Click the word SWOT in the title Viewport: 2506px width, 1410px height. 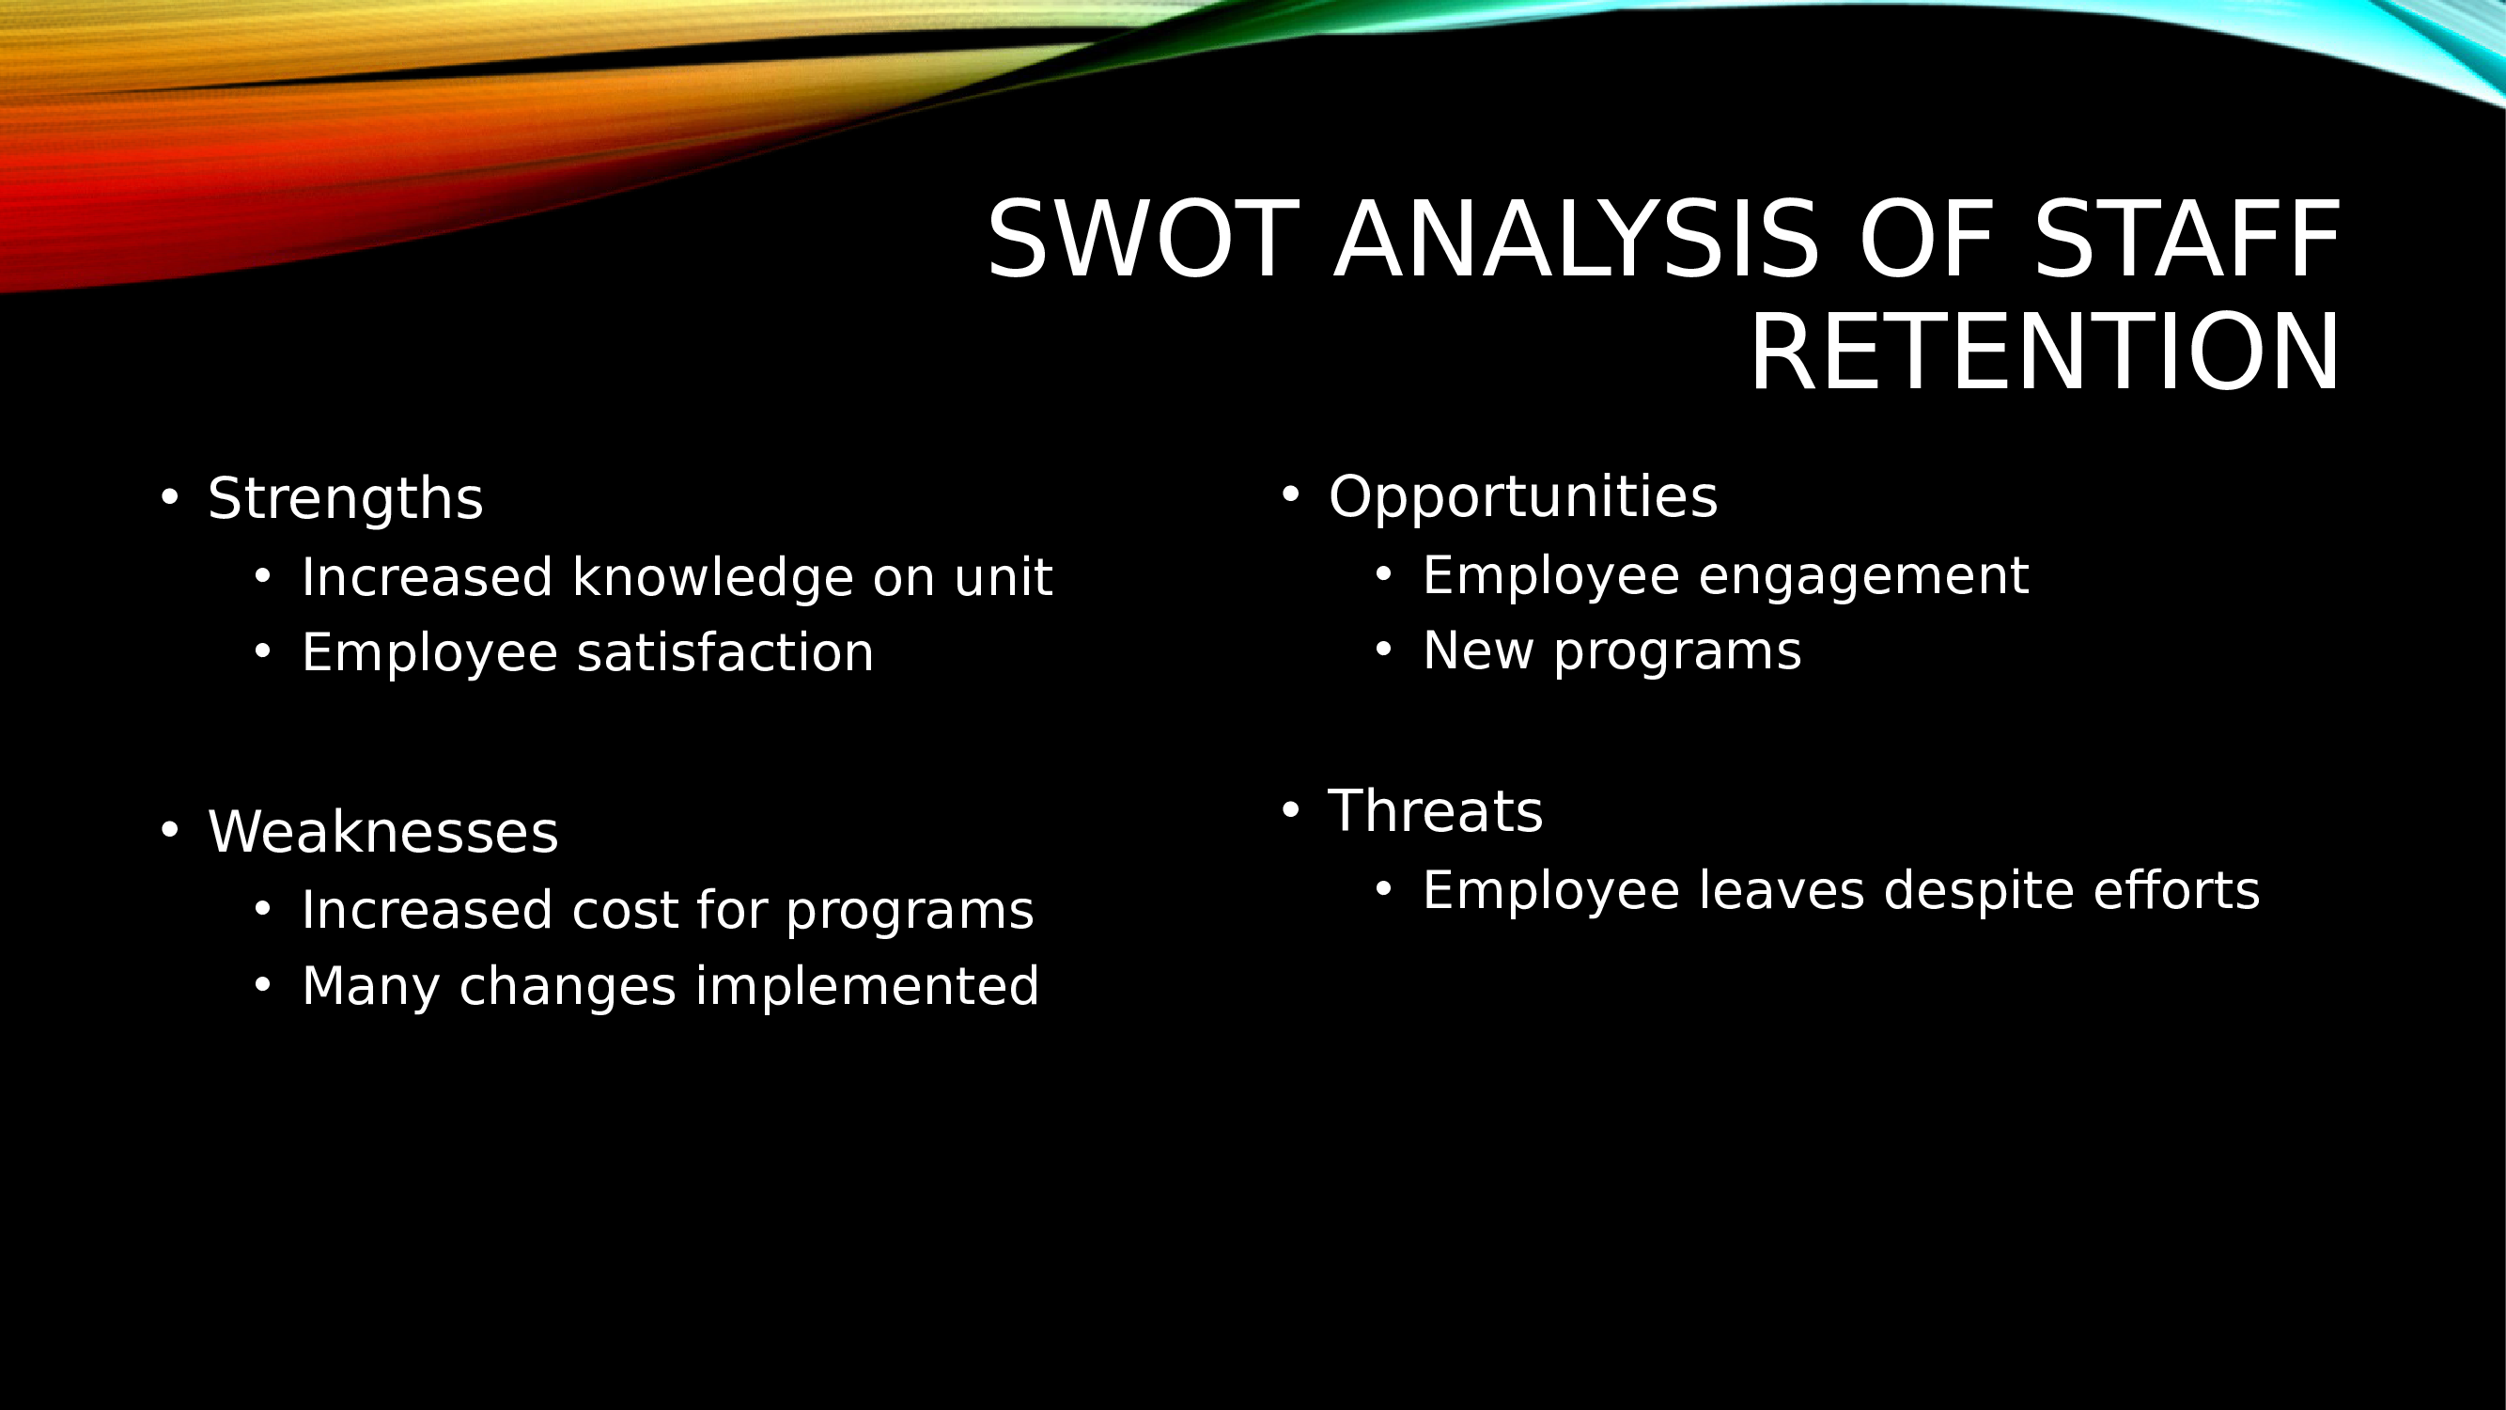[x=1144, y=240]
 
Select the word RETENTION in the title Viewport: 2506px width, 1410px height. [x=2045, y=352]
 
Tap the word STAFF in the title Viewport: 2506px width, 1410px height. [x=2187, y=240]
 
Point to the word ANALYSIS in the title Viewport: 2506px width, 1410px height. [x=1576, y=240]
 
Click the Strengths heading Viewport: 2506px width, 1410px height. [x=346, y=499]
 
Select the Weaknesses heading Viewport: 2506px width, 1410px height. [x=383, y=832]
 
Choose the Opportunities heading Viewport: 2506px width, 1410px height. [x=1523, y=498]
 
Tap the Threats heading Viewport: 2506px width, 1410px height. [x=1436, y=810]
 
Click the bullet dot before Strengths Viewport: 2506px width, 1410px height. [x=170, y=497]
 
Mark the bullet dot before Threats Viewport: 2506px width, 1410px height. [x=1291, y=809]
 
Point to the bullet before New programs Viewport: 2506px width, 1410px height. [x=1383, y=649]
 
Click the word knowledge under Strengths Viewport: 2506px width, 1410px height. [x=712, y=577]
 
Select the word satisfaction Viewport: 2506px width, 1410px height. [x=725, y=652]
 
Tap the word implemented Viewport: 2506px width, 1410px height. [x=866, y=987]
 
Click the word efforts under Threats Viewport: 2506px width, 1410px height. [x=2177, y=890]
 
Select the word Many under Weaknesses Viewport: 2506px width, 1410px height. [x=370, y=987]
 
